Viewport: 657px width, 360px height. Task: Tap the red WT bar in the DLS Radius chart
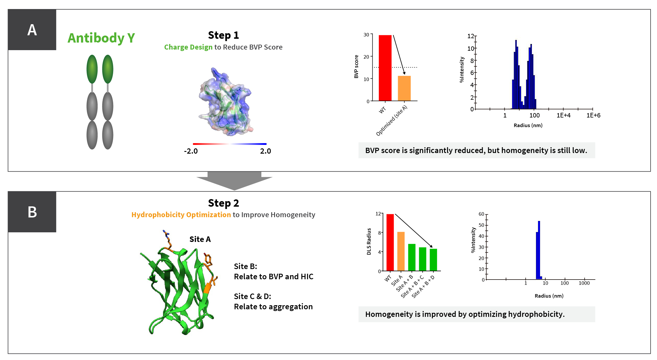(390, 242)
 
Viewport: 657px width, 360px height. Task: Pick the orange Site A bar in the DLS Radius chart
(401, 251)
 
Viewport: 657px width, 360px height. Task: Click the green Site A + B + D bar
(433, 260)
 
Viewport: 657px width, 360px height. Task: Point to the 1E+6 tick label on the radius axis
(593, 115)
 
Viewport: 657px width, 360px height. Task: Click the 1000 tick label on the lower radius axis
(584, 283)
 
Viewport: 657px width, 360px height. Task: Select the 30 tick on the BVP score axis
(366, 35)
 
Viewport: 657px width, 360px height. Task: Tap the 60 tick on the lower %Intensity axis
(481, 214)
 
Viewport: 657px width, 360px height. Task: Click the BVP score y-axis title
(356, 66)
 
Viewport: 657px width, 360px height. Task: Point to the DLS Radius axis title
(369, 241)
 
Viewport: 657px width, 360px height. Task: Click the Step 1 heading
(223, 35)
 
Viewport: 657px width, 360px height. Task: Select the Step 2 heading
(223, 203)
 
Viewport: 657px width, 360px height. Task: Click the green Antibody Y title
(101, 38)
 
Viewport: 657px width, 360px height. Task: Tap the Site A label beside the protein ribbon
(200, 239)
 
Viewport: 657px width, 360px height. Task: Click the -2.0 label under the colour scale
(191, 151)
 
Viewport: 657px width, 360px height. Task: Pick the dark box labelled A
(32, 30)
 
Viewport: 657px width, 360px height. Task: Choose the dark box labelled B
(32, 212)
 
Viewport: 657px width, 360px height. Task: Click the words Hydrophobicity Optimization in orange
(181, 215)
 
